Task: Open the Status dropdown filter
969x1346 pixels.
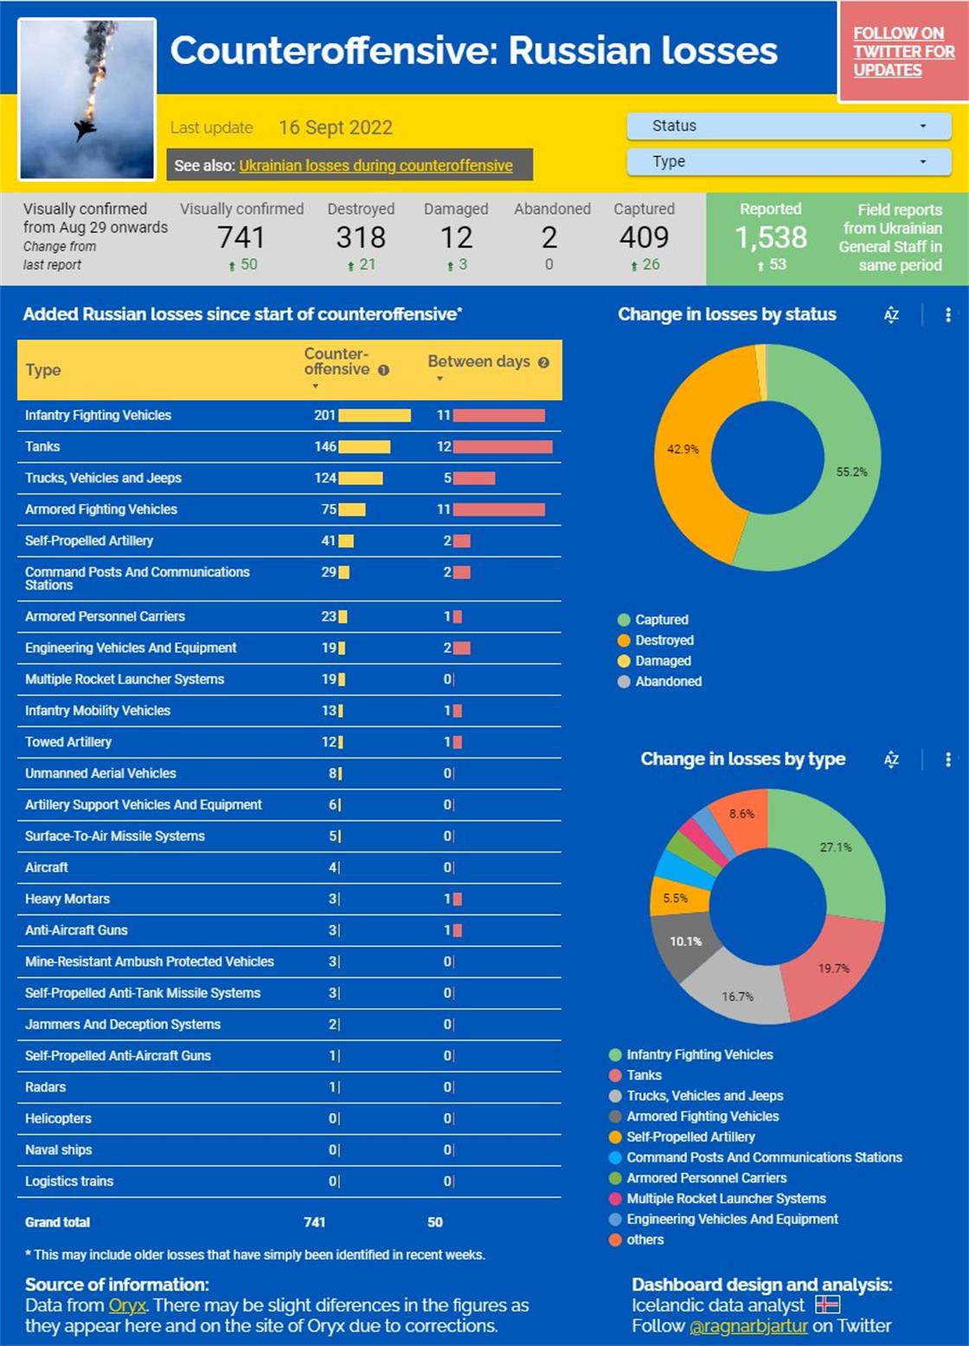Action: coord(788,126)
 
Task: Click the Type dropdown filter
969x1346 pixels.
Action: coord(788,162)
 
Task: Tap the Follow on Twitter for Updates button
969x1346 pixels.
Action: coord(902,52)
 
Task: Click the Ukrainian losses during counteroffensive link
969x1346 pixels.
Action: coord(375,165)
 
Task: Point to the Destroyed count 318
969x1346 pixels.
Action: coord(361,237)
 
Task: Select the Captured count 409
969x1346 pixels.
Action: coord(644,237)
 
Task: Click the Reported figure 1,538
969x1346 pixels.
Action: coord(771,237)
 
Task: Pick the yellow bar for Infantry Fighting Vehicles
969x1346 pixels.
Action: coord(375,415)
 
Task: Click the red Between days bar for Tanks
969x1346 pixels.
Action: coord(503,447)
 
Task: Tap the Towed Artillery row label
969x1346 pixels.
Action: coord(68,742)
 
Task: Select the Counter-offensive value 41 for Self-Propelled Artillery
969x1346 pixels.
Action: coord(329,541)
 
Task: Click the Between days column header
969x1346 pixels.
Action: coord(479,362)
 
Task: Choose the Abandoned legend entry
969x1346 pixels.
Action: coord(668,681)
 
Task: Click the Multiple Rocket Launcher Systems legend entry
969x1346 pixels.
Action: coord(726,1199)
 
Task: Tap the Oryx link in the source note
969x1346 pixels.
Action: coord(127,1305)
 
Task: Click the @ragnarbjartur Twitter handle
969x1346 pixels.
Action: coord(748,1326)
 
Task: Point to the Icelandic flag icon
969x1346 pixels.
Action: coord(828,1304)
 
